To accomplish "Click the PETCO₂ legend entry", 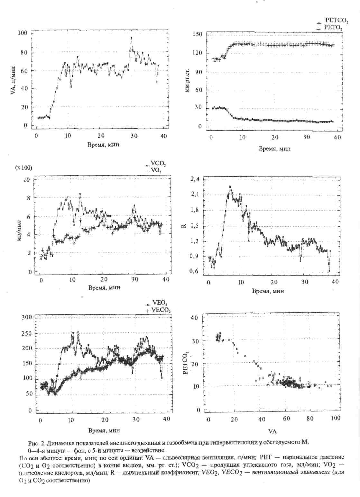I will click(336, 22).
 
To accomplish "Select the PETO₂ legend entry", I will click(333, 28).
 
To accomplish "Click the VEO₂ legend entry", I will click(159, 304).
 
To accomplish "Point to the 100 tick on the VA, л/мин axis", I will click(23, 33).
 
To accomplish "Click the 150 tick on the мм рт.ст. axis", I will click(197, 34).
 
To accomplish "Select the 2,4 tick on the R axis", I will click(195, 179).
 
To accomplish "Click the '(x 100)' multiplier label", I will click(23, 168).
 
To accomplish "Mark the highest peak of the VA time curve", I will click(131, 38).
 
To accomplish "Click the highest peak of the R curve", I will click(230, 186).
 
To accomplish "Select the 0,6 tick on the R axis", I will click(195, 272).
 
